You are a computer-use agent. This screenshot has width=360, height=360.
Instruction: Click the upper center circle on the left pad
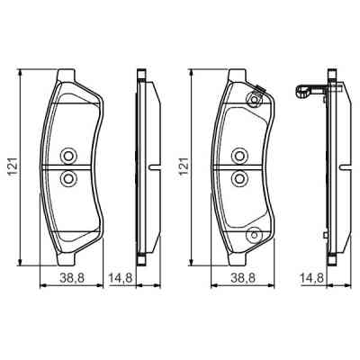[68, 156]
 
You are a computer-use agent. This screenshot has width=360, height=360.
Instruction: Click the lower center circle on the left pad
[68, 178]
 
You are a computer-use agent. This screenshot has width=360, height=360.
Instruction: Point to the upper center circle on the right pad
[239, 156]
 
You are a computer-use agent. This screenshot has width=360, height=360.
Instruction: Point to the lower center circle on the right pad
[239, 178]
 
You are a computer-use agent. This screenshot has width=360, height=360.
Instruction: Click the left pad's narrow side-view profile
[141, 166]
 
